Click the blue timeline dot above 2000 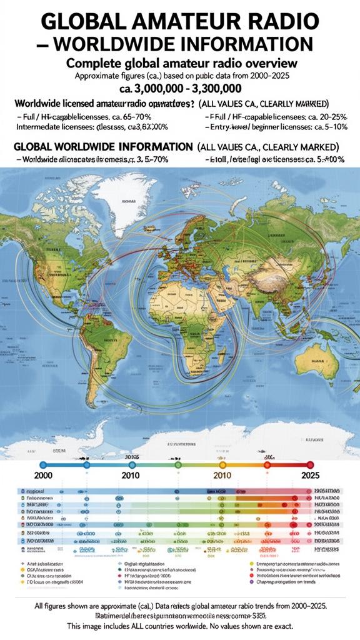pos(43,465)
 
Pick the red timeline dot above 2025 pos(310,465)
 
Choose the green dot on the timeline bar pos(178,465)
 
